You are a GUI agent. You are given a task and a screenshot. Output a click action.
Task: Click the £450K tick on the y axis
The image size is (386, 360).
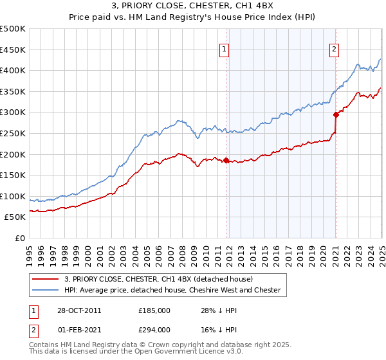12,50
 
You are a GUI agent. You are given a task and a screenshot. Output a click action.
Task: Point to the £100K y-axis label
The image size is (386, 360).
12,196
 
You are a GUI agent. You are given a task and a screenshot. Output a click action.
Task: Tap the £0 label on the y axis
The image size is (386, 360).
19,238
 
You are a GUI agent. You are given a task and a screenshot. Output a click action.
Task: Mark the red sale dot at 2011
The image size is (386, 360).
226,160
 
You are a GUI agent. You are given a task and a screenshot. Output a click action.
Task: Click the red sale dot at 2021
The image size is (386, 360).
336,115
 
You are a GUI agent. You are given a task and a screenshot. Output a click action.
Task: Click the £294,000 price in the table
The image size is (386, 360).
154,329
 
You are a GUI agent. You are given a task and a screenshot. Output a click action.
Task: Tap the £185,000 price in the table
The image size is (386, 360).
154,310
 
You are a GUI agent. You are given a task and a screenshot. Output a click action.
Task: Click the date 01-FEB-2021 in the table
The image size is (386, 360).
78,329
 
